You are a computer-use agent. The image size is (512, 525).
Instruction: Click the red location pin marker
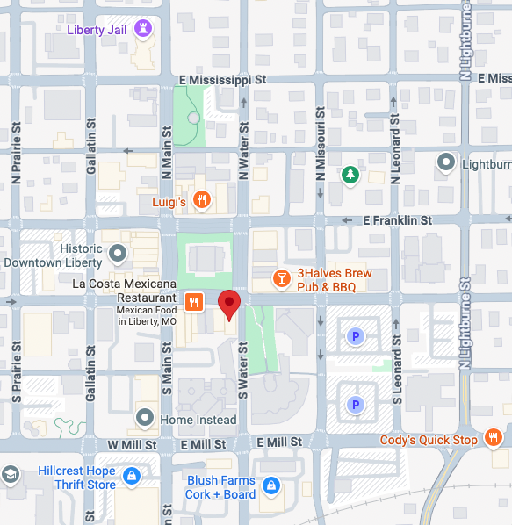pyautogui.click(x=229, y=304)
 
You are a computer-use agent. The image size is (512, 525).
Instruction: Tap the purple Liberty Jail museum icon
pyautogui.click(x=148, y=29)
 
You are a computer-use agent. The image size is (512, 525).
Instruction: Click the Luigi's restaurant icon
pyautogui.click(x=202, y=200)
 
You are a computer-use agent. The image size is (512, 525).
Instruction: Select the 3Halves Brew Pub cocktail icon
pyautogui.click(x=281, y=279)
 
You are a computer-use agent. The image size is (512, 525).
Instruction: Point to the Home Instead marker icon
pyautogui.click(x=146, y=418)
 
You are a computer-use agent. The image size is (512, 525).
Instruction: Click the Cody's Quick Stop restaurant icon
pyautogui.click(x=493, y=438)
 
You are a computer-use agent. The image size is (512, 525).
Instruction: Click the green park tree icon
pyautogui.click(x=351, y=175)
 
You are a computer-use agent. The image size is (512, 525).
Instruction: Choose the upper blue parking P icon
pyautogui.click(x=356, y=335)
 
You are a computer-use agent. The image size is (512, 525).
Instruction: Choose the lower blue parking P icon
pyautogui.click(x=356, y=404)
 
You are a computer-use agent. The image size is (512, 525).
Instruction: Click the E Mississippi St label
pyautogui.click(x=222, y=79)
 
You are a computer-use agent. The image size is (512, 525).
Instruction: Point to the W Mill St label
pyautogui.click(x=132, y=445)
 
